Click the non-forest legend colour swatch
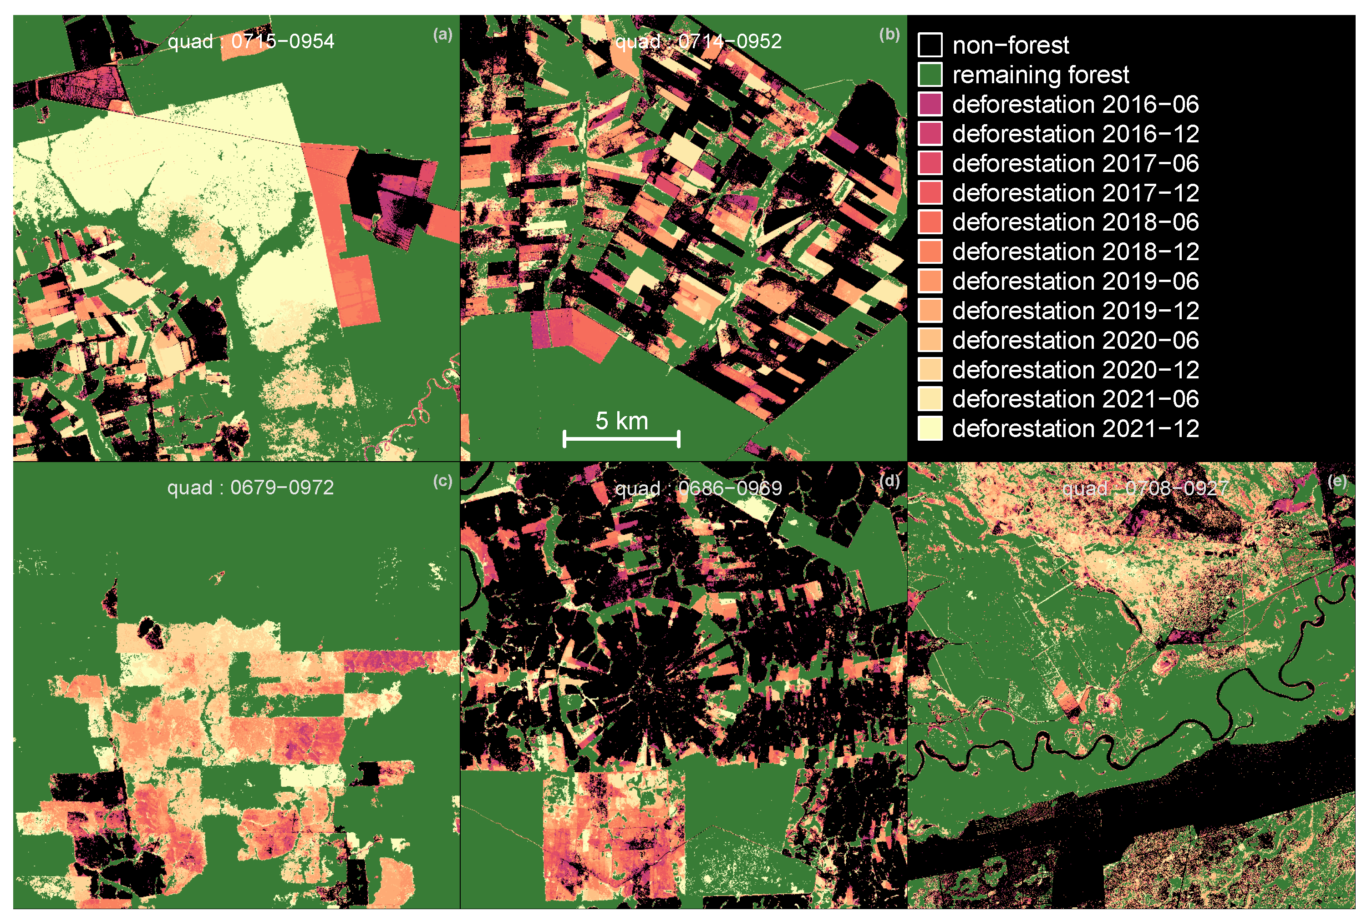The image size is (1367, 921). click(930, 45)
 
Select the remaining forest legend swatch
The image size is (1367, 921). click(930, 75)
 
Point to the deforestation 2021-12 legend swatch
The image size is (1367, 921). click(930, 428)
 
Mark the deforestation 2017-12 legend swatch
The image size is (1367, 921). click(930, 193)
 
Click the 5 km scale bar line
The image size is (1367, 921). click(621, 438)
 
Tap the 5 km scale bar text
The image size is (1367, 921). click(621, 421)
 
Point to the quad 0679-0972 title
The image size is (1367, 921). click(250, 488)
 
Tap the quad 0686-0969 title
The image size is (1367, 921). click(698, 488)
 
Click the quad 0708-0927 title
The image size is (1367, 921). click(1145, 488)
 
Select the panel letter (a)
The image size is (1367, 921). click(442, 34)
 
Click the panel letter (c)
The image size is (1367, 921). click(442, 481)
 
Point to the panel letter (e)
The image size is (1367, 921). click(1337, 481)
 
